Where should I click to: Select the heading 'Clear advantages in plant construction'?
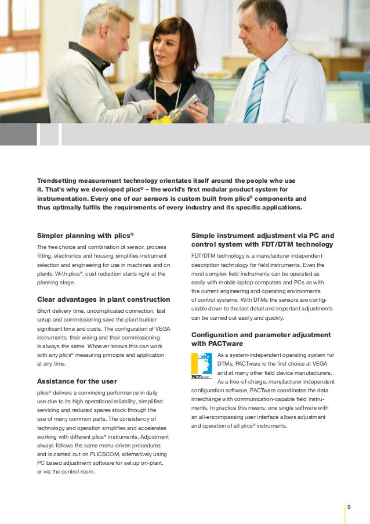103,299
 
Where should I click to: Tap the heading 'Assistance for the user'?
77,381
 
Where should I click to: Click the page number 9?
349,507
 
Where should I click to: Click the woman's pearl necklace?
166,80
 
